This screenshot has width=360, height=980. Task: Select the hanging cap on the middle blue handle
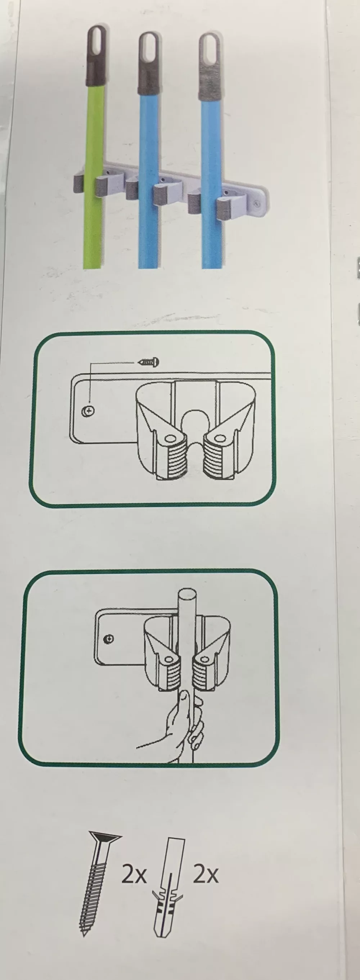(149, 64)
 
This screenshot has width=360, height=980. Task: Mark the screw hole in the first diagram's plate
(88, 411)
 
